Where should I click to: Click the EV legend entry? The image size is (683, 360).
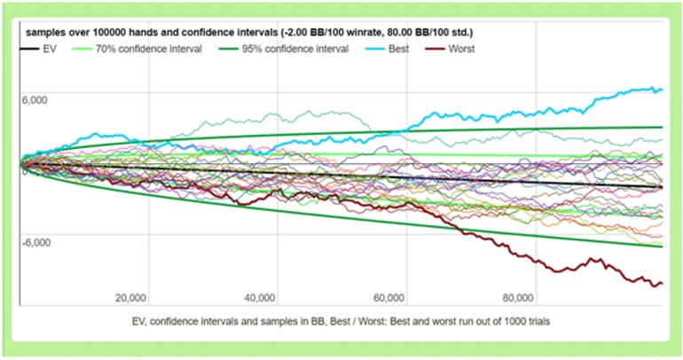[49, 48]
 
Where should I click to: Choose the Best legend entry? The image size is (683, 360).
[399, 48]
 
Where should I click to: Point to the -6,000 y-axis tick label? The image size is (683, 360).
[36, 242]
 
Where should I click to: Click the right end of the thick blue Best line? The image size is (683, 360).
[661, 89]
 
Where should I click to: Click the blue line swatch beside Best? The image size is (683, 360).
[370, 48]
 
